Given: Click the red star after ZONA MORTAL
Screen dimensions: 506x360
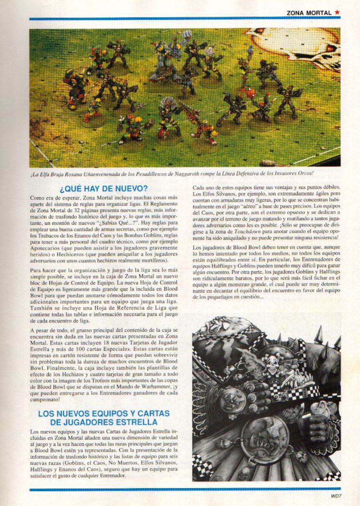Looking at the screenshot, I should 337,13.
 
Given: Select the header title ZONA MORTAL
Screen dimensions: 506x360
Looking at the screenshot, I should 309,13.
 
